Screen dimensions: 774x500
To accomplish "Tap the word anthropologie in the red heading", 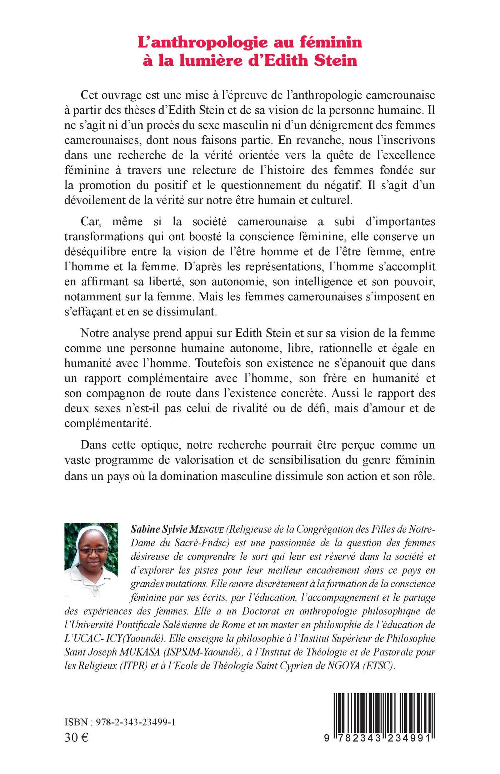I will pos(197,43).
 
